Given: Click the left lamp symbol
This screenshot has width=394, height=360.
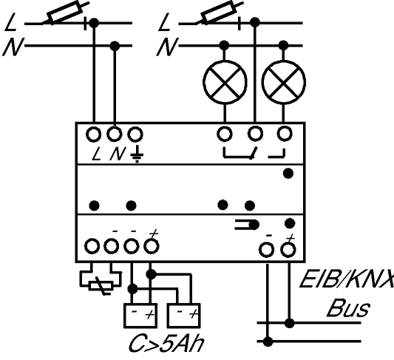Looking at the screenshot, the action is point(225,82).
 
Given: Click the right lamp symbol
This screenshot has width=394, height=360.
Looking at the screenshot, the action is point(283,82).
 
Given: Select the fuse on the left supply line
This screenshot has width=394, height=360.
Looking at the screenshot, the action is point(66,12).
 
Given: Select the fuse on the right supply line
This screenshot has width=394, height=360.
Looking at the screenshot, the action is point(220,12).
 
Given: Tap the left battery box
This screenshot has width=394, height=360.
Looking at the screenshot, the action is point(140,316).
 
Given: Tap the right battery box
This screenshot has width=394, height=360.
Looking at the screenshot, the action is point(183,316).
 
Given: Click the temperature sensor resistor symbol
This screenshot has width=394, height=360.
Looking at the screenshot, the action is point(101,286).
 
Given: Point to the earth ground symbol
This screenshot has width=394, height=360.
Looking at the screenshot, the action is point(137,155).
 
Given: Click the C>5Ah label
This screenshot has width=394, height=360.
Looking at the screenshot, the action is point(166,344).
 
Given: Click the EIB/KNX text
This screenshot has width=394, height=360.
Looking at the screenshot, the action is point(347,279).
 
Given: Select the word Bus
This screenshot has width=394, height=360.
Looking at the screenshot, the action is point(348,308).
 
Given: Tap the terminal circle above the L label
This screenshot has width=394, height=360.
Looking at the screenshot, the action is point(94,134).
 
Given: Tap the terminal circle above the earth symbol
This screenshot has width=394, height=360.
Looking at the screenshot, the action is point(135,134).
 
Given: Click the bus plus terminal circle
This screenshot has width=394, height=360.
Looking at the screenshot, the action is point(288,249).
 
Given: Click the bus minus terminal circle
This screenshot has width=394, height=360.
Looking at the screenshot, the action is point(266,249).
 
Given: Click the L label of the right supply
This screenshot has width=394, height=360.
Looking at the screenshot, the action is point(164,22).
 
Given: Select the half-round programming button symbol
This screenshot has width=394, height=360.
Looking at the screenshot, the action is point(247,225).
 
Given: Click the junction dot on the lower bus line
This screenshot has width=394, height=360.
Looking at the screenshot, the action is point(268,342).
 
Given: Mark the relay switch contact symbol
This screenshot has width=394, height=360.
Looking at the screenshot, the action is point(254,153).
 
